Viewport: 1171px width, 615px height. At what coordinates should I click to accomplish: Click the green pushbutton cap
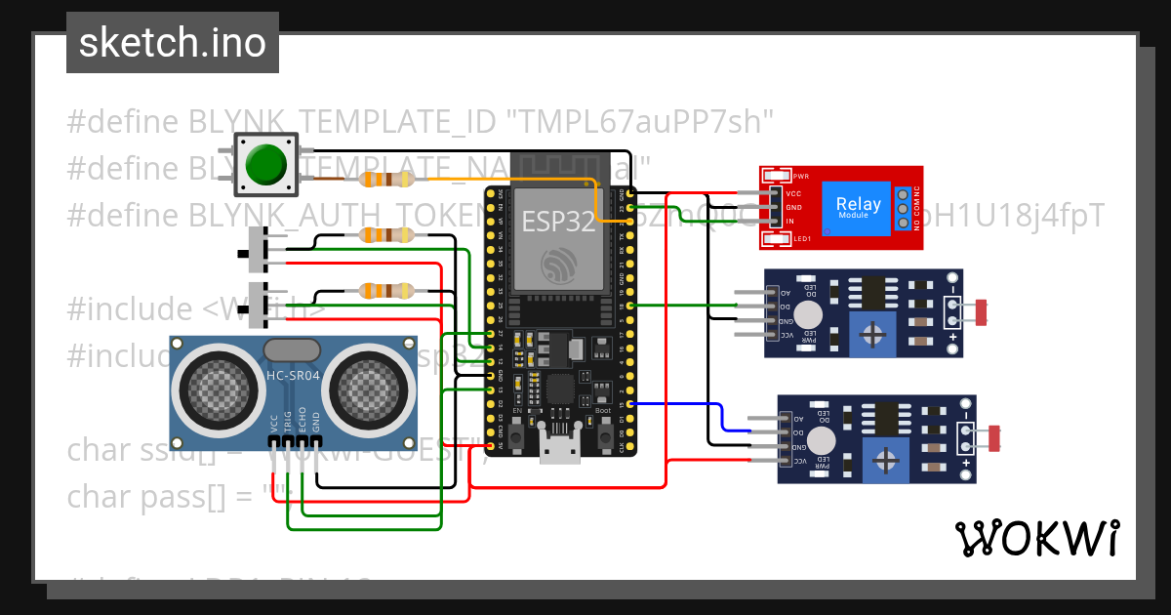point(265,164)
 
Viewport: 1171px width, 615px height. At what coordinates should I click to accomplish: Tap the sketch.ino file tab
point(173,43)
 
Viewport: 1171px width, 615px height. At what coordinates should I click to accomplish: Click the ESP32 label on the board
point(557,223)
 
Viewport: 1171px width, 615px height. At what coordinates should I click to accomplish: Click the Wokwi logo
point(1036,538)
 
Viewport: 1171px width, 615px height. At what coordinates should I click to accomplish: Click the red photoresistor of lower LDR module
point(995,438)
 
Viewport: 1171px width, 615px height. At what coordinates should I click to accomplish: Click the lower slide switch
point(259,307)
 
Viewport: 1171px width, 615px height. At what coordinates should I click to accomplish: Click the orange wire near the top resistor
point(507,180)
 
